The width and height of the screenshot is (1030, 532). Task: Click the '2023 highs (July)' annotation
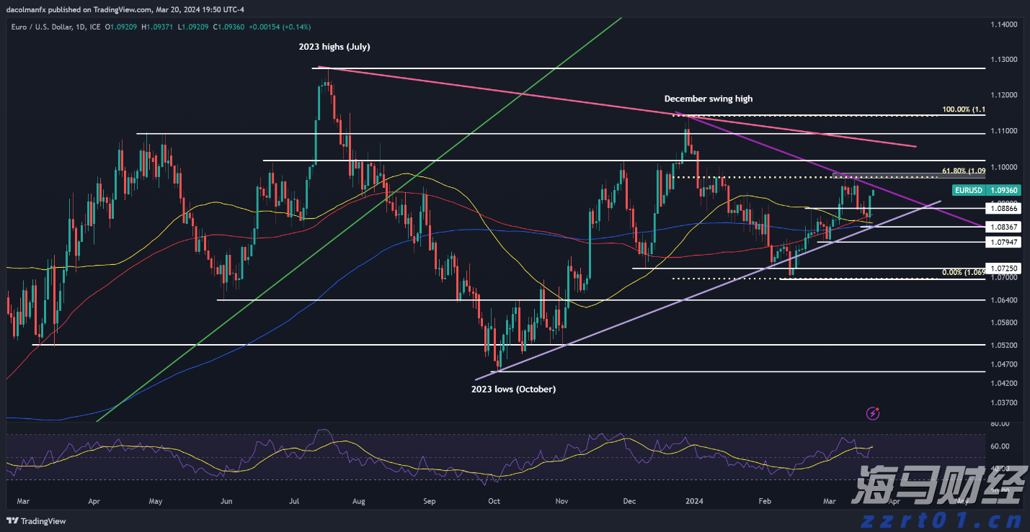click(334, 47)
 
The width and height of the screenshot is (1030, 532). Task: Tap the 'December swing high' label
click(708, 99)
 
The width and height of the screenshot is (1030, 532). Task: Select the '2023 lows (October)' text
click(513, 389)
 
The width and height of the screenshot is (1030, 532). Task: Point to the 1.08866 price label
click(1005, 208)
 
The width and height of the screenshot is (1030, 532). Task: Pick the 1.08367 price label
click(1005, 227)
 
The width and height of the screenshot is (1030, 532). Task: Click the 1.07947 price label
click(1005, 242)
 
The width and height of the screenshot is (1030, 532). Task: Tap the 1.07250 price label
click(1005, 268)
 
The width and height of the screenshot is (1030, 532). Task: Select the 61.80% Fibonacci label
click(963, 171)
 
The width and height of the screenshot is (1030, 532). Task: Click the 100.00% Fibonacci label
click(963, 110)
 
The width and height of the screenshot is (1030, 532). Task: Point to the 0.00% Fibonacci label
click(963, 272)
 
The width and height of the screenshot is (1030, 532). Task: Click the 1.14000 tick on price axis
click(1004, 24)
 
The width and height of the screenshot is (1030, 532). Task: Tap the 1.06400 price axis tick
click(1004, 300)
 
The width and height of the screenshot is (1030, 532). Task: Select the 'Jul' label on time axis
click(294, 500)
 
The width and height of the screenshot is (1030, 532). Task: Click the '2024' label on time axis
click(694, 500)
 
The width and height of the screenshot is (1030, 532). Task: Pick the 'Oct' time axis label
click(494, 500)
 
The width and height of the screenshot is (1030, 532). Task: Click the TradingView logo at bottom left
click(37, 521)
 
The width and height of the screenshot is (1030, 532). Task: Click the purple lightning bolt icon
click(874, 413)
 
